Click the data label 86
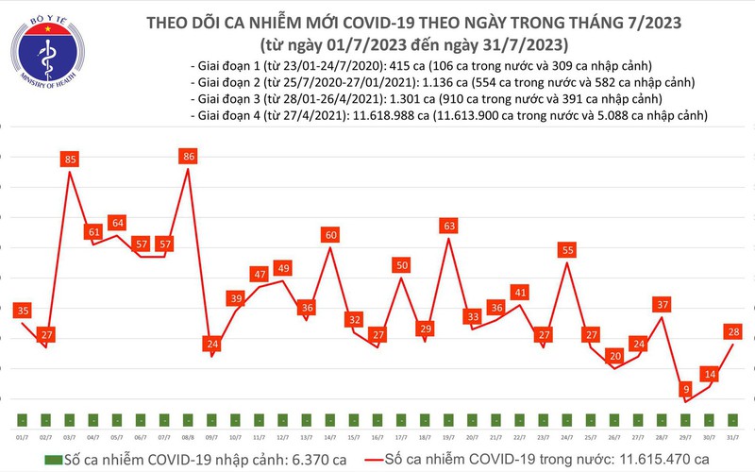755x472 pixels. (x=190, y=155)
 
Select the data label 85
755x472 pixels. (x=69, y=160)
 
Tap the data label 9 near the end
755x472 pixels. (x=687, y=388)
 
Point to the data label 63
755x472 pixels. (x=449, y=226)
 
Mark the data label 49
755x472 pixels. (x=282, y=269)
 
